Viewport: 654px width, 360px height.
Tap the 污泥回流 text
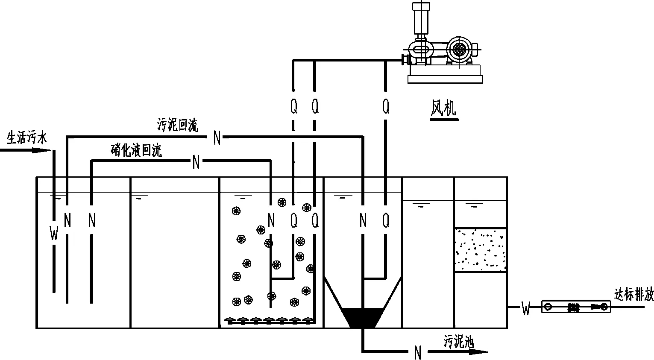tap(177, 125)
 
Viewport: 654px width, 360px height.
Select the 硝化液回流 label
tap(136, 150)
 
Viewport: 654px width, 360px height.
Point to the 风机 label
tap(443, 108)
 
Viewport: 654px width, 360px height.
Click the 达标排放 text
tap(633, 295)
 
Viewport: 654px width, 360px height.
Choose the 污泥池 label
tap(459, 342)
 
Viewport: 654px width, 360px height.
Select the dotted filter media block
tap(480, 249)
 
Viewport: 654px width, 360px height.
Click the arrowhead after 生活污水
tap(41, 150)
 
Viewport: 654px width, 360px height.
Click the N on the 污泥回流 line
tap(217, 138)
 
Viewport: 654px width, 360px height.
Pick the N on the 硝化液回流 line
tap(196, 162)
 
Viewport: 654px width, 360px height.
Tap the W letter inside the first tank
tap(54, 233)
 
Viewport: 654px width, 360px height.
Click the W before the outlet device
tap(526, 308)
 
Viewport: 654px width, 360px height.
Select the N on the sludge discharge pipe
tap(418, 353)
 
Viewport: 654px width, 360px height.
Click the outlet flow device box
tap(576, 307)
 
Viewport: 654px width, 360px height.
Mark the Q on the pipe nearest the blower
tap(386, 107)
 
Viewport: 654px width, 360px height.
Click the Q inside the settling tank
tap(386, 220)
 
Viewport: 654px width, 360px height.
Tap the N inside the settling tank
tap(363, 220)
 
